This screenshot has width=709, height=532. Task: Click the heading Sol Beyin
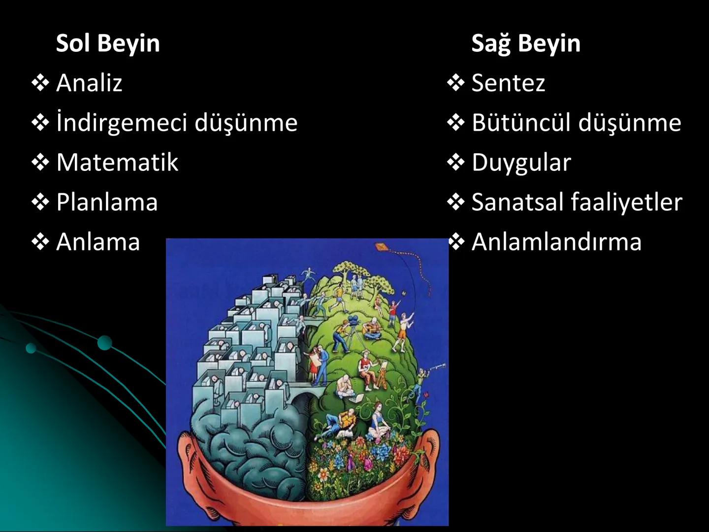click(x=108, y=43)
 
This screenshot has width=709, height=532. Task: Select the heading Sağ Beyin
click(x=526, y=43)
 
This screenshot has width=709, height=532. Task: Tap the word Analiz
click(x=89, y=82)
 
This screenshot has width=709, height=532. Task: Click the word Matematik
click(x=117, y=162)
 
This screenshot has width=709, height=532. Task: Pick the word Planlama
click(x=107, y=202)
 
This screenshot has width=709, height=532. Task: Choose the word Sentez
click(x=508, y=82)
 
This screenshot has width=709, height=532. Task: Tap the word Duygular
click(x=521, y=163)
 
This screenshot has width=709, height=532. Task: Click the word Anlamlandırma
click(x=556, y=241)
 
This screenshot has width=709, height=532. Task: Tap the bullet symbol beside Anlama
click(x=40, y=242)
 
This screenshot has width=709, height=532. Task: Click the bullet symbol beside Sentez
click(x=456, y=83)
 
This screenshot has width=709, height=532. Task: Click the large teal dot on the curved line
click(x=104, y=343)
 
